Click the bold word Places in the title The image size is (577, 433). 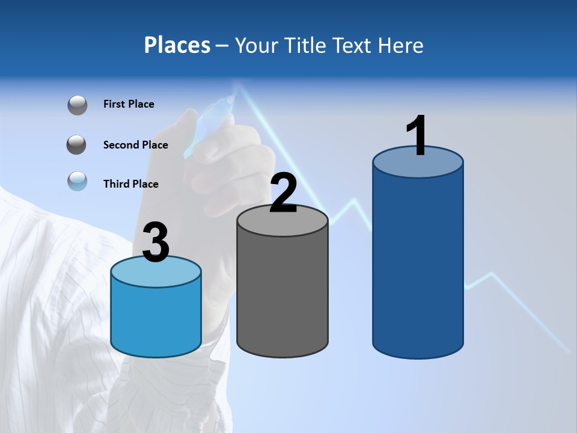[x=177, y=45]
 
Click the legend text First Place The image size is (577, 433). [x=129, y=104]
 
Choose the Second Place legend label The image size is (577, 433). [x=135, y=145]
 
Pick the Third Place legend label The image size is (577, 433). [x=130, y=184]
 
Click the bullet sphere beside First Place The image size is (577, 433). [x=78, y=105]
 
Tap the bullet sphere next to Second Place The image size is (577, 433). [x=77, y=145]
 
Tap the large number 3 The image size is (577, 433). [x=156, y=242]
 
